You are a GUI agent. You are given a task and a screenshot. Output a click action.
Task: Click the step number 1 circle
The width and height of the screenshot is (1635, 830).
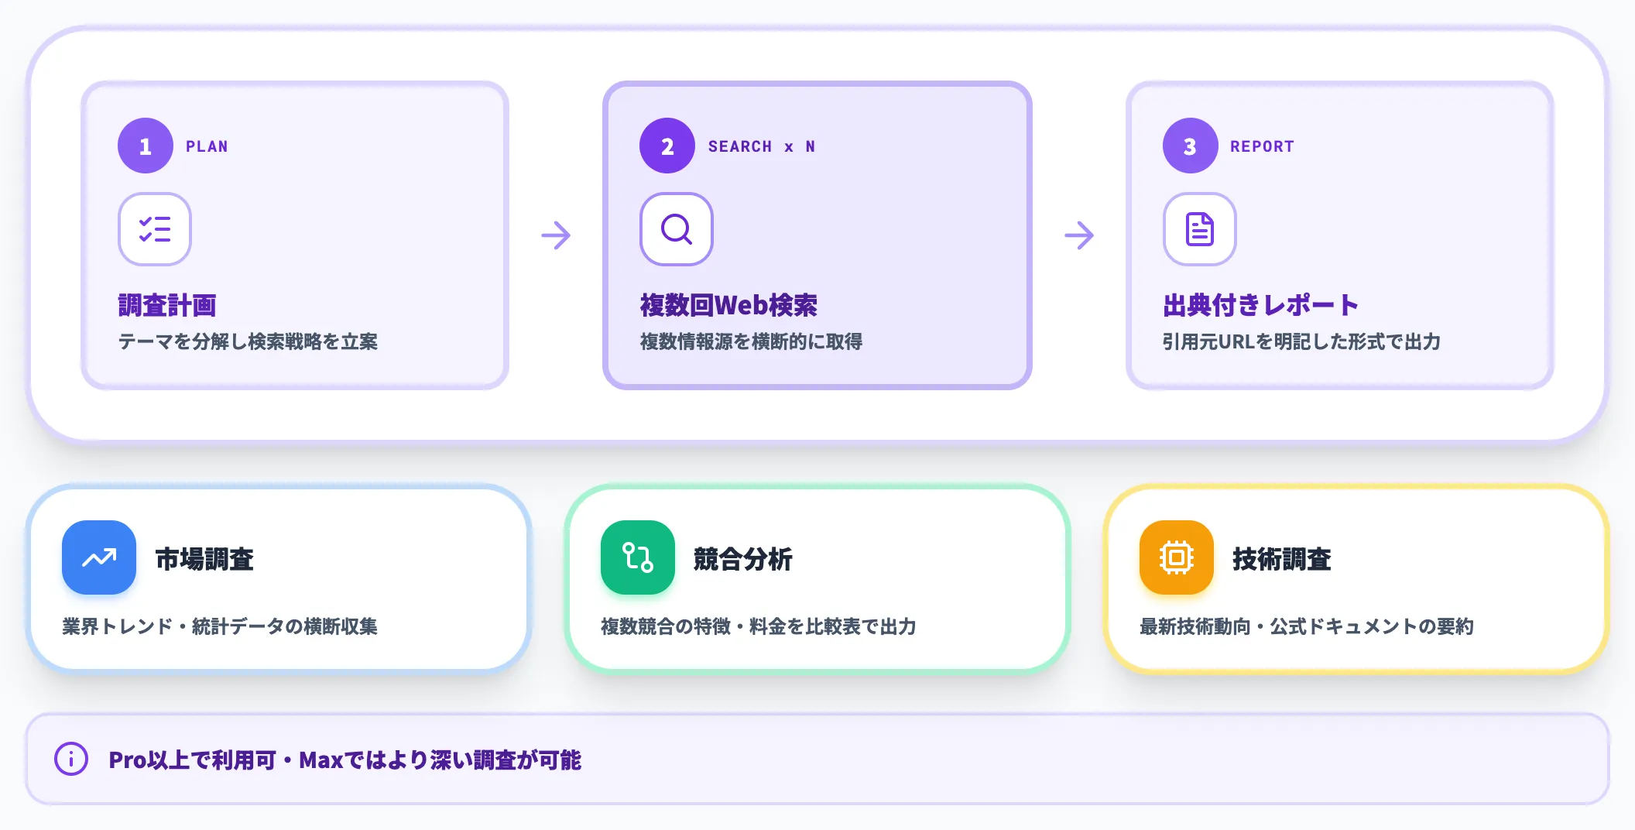(x=146, y=146)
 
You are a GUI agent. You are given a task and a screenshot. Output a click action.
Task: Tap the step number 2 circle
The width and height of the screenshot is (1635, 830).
(x=667, y=146)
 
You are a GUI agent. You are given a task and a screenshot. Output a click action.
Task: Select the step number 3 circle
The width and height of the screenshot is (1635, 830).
(x=1191, y=146)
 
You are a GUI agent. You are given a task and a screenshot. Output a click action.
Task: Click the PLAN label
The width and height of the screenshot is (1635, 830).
(x=207, y=146)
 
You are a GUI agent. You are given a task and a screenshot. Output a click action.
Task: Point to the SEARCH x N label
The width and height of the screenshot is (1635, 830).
(x=762, y=146)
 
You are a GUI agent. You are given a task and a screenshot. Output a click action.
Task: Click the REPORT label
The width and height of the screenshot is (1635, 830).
(x=1262, y=146)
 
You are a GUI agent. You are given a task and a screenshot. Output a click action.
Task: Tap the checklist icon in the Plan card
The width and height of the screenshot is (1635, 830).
(x=155, y=229)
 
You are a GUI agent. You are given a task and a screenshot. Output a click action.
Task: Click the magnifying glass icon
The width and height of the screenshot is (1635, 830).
(x=677, y=229)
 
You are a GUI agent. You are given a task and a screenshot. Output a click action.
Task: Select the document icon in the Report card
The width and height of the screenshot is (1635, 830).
(x=1200, y=229)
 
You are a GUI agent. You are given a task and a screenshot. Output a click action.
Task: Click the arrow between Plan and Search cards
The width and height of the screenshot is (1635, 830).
(x=556, y=235)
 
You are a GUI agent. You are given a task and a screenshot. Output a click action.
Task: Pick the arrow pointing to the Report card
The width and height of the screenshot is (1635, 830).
(x=1079, y=235)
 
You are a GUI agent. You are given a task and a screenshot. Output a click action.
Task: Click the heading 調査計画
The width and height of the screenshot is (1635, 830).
(x=167, y=305)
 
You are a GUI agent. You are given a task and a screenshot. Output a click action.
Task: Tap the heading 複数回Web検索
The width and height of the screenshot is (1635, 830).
(x=728, y=305)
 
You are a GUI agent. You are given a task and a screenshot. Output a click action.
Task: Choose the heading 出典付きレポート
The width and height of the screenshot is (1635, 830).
(x=1260, y=305)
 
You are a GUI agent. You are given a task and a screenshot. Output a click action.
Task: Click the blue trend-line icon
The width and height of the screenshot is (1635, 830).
(x=99, y=557)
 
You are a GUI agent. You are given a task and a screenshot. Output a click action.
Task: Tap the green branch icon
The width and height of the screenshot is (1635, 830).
(x=638, y=557)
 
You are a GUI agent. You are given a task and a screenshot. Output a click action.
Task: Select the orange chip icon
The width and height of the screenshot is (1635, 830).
(x=1177, y=557)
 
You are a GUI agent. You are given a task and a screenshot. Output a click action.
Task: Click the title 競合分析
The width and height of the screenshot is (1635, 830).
(x=743, y=559)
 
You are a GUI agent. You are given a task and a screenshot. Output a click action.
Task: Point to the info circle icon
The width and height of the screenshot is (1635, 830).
(x=71, y=759)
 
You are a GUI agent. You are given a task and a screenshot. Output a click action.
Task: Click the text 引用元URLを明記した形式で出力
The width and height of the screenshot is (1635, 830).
(x=1301, y=341)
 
